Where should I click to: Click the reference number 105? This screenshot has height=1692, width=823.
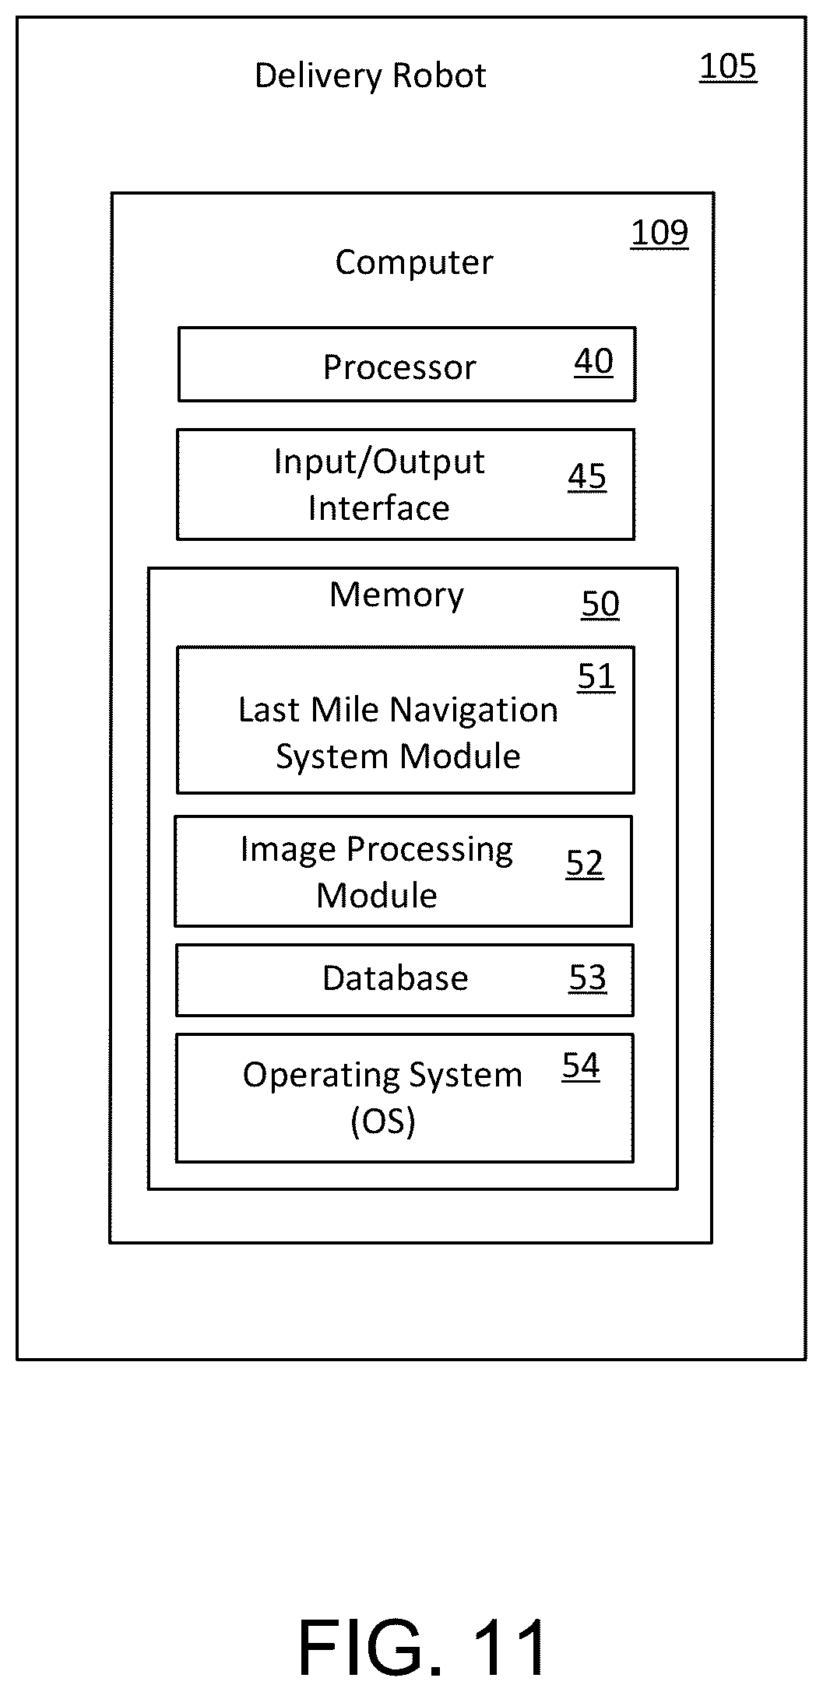(728, 67)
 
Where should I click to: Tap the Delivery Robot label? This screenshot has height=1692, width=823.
(371, 76)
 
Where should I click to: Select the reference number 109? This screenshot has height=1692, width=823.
(659, 233)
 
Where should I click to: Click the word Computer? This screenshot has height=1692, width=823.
(414, 263)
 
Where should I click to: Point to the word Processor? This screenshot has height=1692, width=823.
(399, 367)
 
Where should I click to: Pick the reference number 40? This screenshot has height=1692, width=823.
(594, 362)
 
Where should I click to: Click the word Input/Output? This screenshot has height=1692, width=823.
(379, 462)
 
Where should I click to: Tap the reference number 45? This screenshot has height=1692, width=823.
(587, 477)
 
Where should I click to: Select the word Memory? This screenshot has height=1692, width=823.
(397, 595)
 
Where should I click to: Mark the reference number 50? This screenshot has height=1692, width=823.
(600, 605)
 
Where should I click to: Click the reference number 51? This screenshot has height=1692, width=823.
(596, 678)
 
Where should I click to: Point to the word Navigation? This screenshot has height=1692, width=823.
(474, 711)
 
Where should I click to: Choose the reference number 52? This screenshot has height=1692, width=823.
(585, 865)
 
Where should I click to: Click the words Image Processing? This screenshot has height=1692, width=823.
(377, 850)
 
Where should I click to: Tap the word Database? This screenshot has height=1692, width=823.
(396, 978)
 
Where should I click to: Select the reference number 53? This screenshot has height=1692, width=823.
(587, 978)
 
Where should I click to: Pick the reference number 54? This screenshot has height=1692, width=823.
(581, 1066)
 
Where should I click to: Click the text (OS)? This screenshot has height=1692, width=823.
(383, 1122)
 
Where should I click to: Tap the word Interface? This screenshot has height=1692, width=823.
(379, 508)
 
